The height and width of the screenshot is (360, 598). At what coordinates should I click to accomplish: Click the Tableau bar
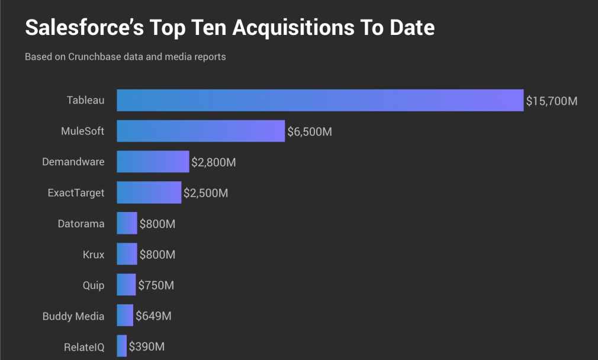320,100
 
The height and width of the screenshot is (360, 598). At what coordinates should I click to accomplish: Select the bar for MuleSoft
201,131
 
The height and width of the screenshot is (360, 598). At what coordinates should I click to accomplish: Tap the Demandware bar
153,162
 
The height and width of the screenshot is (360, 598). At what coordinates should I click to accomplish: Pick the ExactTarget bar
149,192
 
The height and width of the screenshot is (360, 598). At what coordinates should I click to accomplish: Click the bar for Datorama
127,224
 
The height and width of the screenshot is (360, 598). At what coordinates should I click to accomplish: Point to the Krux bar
127,255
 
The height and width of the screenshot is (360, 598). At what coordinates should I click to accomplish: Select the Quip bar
126,285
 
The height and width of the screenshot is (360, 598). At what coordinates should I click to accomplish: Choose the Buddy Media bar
125,316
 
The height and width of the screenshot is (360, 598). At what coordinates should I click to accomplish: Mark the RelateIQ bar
122,346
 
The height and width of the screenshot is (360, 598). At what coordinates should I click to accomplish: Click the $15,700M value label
551,101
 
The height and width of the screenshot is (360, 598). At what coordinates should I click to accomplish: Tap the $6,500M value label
310,131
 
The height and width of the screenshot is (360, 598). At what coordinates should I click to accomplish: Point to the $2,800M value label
214,162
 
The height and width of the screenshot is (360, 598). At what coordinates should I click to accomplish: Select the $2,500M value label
205,193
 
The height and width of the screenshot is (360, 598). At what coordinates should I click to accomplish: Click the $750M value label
156,285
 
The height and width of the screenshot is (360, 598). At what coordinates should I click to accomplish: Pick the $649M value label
153,316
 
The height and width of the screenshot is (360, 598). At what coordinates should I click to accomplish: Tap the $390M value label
147,346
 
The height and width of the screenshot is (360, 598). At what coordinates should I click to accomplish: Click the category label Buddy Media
73,316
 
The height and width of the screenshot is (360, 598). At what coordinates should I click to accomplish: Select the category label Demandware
73,162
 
